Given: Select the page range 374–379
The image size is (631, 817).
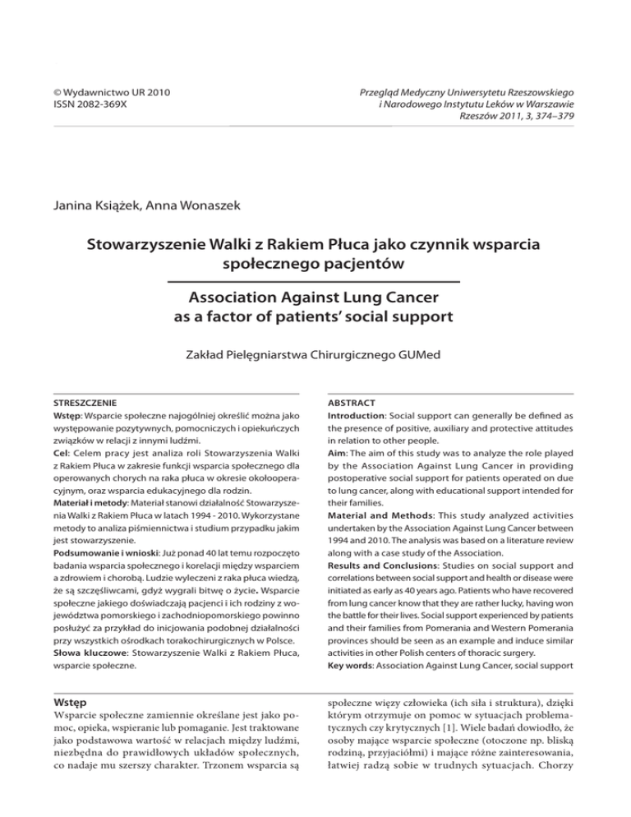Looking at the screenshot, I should [547, 117].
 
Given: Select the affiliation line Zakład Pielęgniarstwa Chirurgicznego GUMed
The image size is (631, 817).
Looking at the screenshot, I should [315, 356].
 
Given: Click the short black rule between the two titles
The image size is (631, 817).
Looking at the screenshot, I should [315, 283].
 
